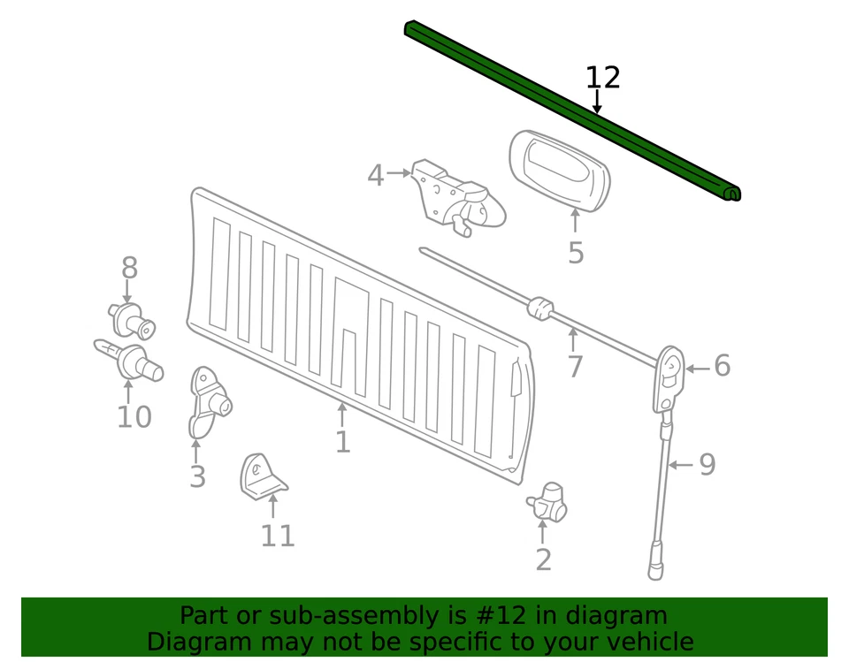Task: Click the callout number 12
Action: [603, 78]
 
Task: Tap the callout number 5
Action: [576, 254]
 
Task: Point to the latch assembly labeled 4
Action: [455, 199]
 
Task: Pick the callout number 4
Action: [376, 176]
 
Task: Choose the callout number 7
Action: [575, 365]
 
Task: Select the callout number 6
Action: [723, 366]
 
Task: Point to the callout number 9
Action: [707, 465]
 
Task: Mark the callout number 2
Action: [543, 559]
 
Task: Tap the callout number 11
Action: [277, 536]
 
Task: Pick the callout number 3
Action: [197, 477]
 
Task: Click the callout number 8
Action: [130, 267]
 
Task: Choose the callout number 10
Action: [134, 416]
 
